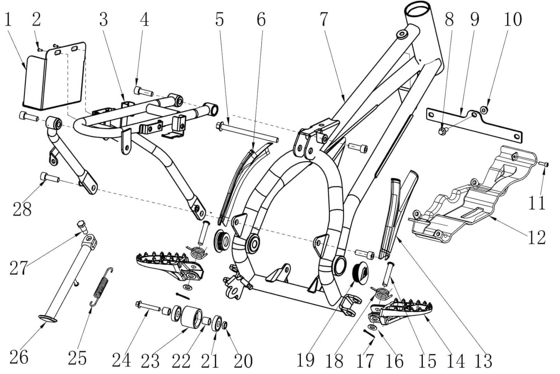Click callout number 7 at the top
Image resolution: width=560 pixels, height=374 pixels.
[323, 20]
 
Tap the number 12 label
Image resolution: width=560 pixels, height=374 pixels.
[537, 237]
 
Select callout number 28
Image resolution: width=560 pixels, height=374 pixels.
[22, 209]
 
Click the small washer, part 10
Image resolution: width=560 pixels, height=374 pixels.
[484, 110]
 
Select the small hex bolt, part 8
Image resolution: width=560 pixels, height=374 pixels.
[442, 131]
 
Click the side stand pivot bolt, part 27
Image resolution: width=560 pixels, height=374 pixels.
[82, 226]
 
